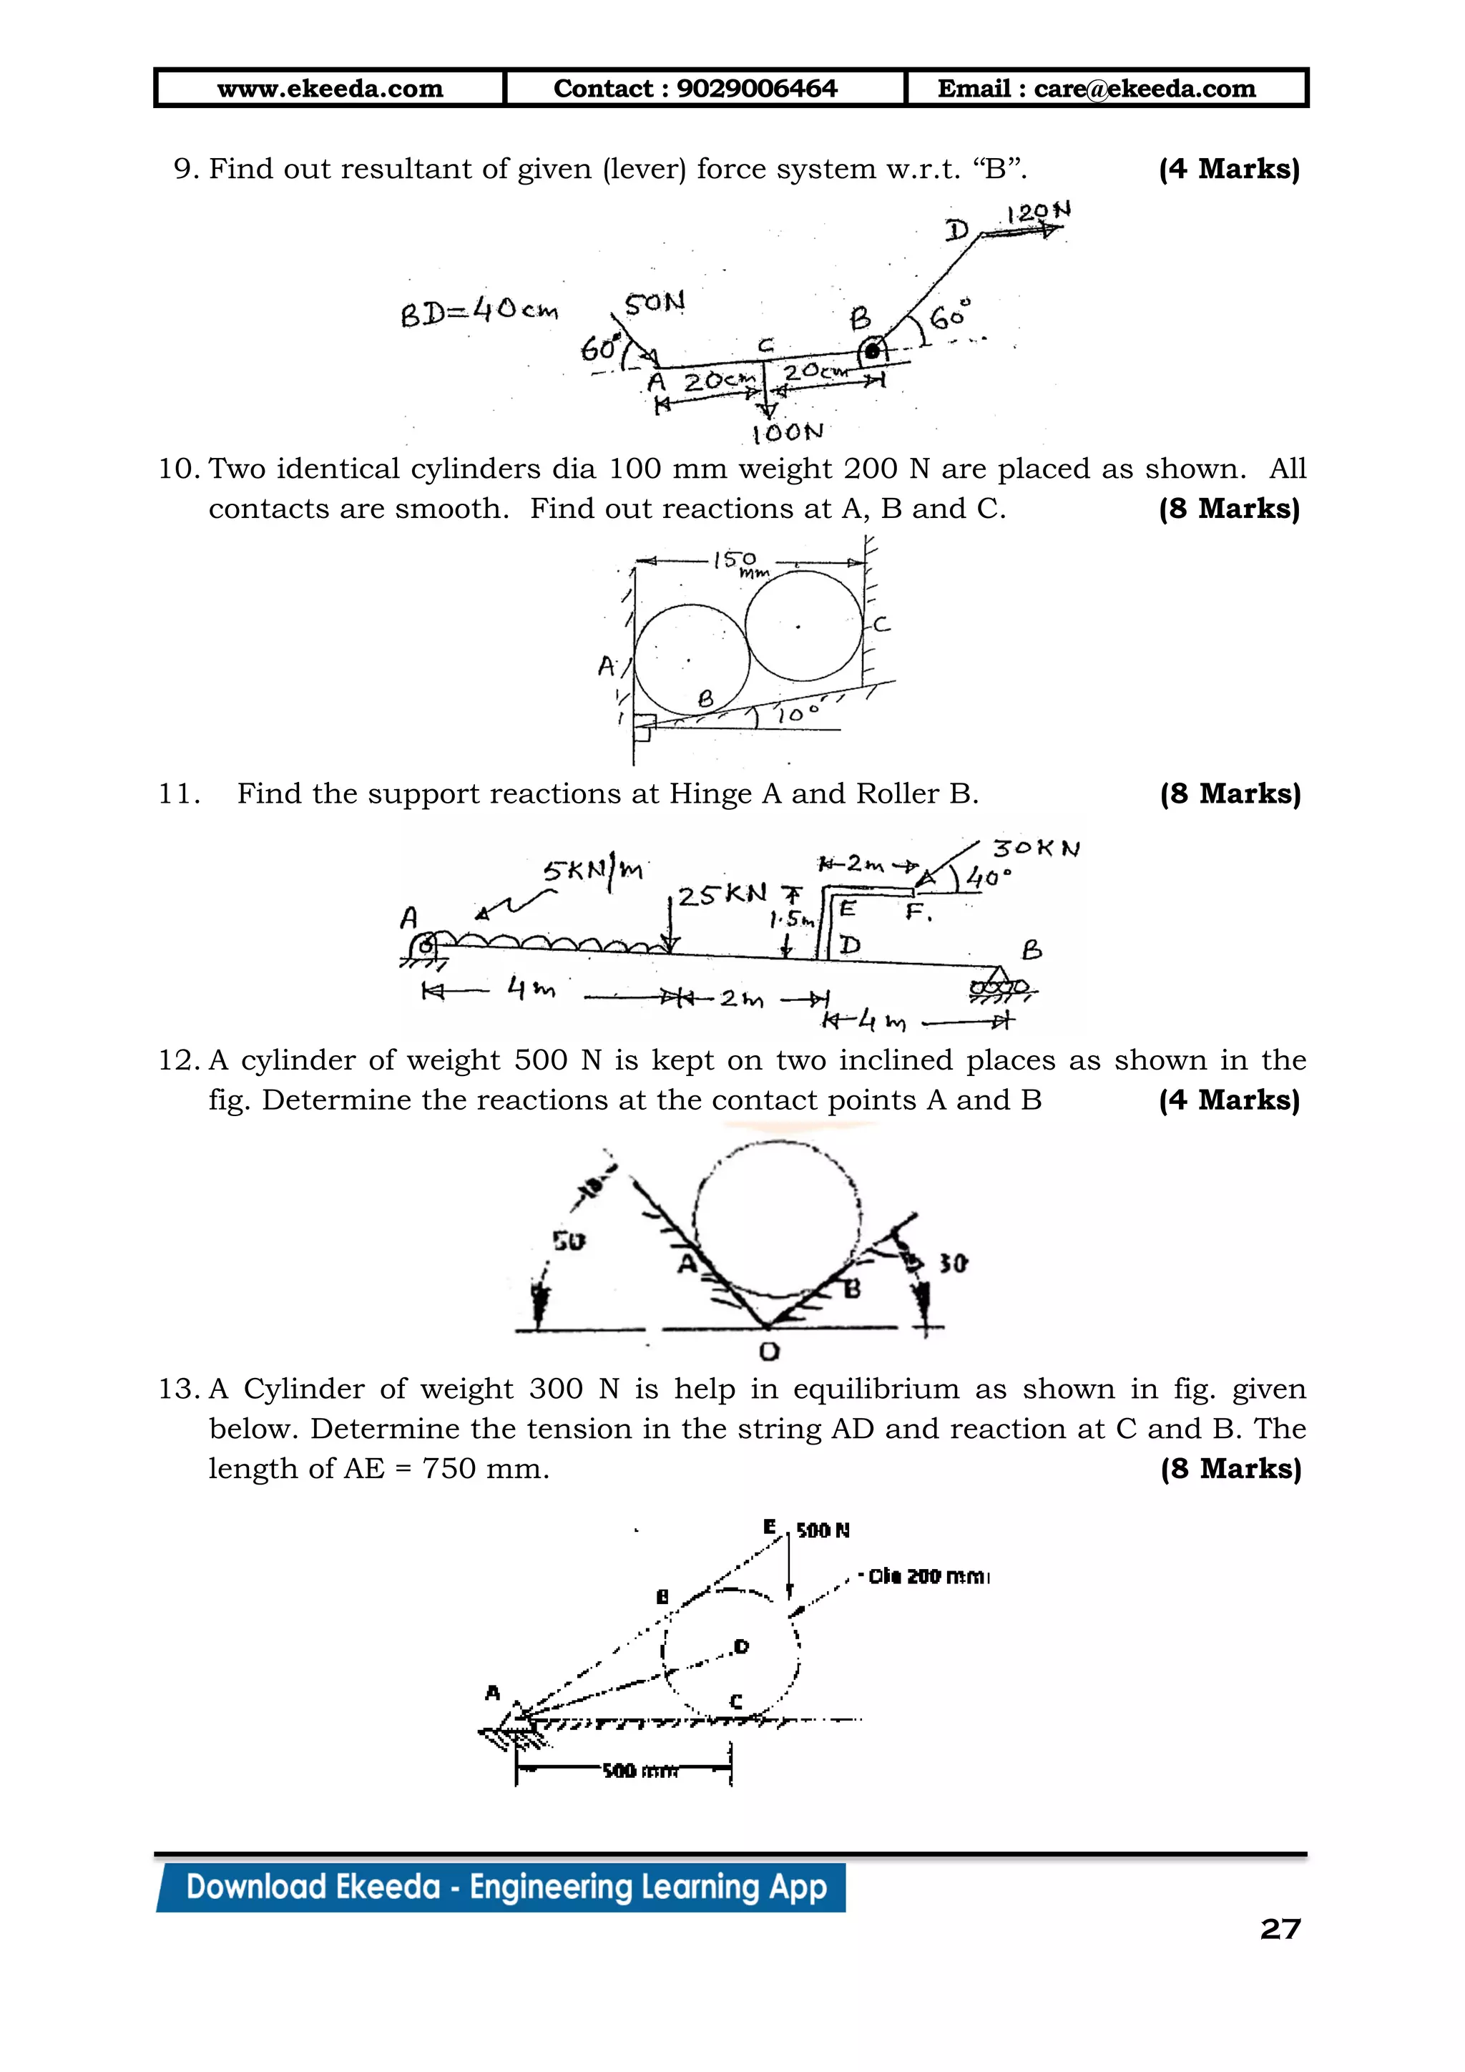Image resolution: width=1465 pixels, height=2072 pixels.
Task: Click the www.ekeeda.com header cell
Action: (330, 89)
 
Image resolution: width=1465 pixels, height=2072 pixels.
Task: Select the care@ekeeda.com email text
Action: (1144, 89)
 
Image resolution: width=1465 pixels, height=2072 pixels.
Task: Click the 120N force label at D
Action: (1037, 213)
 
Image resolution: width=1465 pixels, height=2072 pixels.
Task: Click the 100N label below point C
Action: (788, 432)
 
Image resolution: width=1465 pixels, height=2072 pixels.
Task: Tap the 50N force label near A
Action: (654, 303)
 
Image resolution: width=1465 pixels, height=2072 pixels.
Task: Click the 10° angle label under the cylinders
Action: (798, 714)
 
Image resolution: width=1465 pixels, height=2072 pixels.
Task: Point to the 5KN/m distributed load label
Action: (593, 869)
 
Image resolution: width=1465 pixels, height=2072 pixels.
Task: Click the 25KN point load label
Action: (722, 895)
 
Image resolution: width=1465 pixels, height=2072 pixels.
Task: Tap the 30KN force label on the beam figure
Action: (1034, 849)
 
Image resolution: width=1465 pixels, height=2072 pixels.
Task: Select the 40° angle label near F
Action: (988, 877)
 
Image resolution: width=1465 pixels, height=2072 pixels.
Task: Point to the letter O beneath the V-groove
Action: (768, 1351)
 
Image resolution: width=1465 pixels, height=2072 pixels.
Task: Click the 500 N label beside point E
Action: (822, 1530)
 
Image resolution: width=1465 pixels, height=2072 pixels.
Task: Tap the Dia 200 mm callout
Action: (927, 1577)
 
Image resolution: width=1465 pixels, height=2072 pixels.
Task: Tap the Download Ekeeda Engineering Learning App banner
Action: (505, 1888)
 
